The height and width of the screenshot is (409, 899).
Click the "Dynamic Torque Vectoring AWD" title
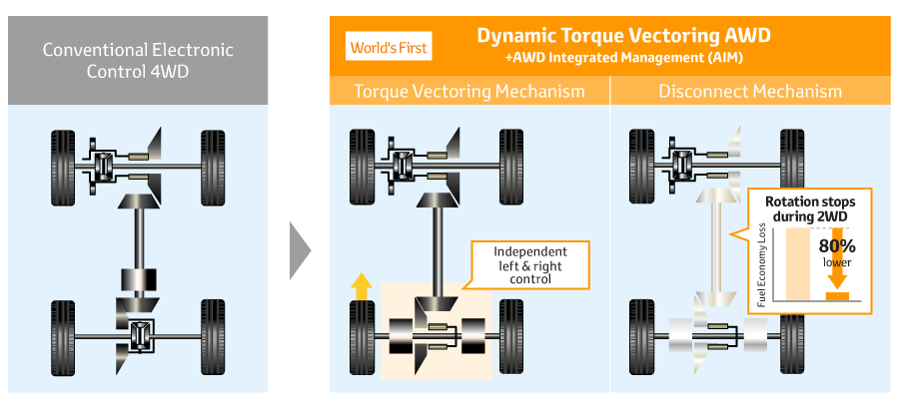tap(623, 35)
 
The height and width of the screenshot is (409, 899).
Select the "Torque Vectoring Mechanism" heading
tap(469, 91)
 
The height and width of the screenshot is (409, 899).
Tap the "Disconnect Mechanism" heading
tap(750, 91)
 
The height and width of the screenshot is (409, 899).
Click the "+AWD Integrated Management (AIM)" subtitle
tap(623, 58)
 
